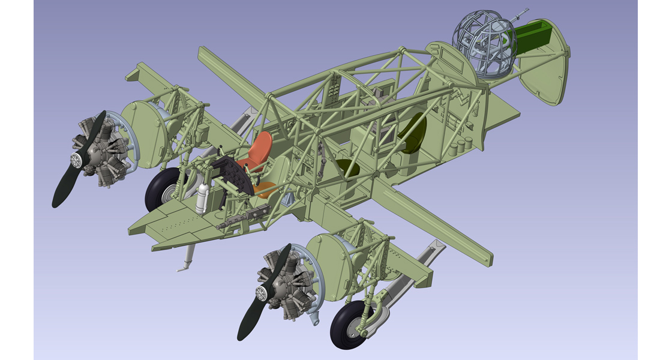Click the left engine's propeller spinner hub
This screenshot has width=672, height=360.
point(77,160)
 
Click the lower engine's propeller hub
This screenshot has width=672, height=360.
point(261,293)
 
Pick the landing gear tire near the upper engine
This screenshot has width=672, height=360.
point(161,189)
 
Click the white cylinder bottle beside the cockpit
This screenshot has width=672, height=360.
point(203,198)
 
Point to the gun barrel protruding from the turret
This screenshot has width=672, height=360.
point(522,13)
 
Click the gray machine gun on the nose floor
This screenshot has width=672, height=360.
point(246,216)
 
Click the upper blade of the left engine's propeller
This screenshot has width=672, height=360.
point(96,129)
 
